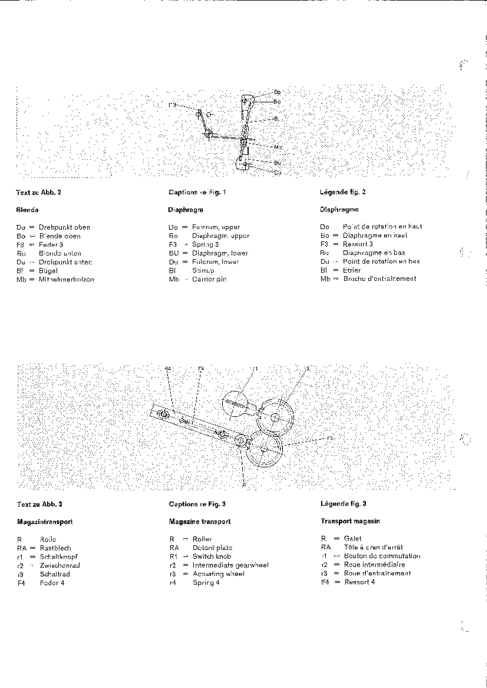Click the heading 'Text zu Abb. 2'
pos(38,192)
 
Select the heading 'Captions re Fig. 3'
pos(197,504)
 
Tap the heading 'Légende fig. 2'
pos(343,192)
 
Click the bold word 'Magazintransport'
pos(45,522)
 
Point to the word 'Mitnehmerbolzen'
pos(66,279)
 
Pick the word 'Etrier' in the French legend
pos(352,270)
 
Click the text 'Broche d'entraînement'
pos(380,279)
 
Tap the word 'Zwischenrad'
pos(60,565)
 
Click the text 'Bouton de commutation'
pos(382,556)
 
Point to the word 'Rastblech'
pos(56,548)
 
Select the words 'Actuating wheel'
pos(219,574)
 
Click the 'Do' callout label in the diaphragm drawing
pos(277,92)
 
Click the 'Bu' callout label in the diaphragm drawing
pos(277,163)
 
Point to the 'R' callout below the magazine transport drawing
pos(244,485)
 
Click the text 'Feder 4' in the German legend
pos(52,583)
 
